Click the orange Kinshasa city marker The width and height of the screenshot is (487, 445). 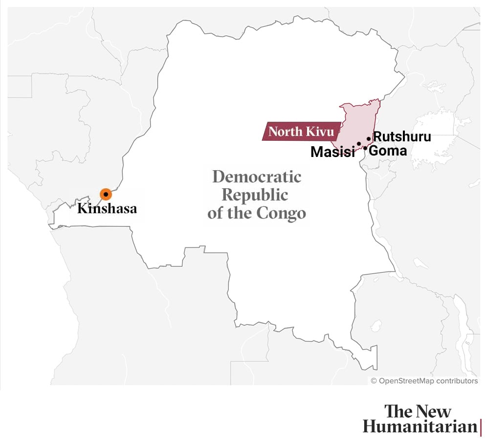(x=106, y=194)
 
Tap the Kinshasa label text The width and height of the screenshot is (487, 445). (x=107, y=209)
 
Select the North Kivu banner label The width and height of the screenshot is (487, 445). (x=301, y=132)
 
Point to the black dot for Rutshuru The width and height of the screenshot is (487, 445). (x=369, y=139)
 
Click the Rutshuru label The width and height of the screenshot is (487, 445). (x=402, y=137)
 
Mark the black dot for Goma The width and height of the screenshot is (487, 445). (x=365, y=148)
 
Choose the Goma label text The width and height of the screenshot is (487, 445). (x=388, y=151)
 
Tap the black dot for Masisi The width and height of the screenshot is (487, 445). (x=359, y=144)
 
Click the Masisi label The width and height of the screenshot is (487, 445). (x=332, y=152)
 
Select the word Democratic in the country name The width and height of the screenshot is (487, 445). (x=257, y=177)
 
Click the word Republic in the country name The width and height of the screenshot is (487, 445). (x=255, y=195)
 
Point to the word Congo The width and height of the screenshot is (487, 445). (x=285, y=213)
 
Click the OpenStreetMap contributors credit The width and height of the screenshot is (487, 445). (x=424, y=380)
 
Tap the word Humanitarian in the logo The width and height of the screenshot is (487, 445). (x=420, y=426)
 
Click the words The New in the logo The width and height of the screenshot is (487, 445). (x=418, y=411)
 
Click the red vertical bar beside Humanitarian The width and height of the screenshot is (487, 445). (x=481, y=426)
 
